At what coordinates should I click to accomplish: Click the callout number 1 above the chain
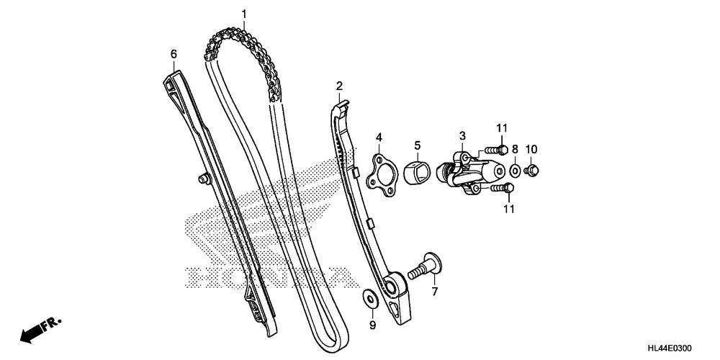click(243, 14)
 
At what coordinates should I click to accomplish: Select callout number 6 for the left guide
click(174, 54)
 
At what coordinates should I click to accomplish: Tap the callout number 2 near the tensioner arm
click(339, 86)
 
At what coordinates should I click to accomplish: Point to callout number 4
click(379, 137)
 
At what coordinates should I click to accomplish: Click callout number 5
click(417, 145)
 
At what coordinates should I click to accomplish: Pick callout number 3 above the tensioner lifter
click(463, 135)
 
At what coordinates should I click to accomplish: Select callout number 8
click(515, 150)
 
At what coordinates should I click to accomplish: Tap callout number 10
click(531, 150)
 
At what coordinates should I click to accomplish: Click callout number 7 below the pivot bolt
click(434, 292)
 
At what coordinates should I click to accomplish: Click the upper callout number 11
click(502, 128)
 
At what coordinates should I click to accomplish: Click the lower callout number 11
click(510, 210)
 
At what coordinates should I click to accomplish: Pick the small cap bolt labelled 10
click(532, 171)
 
